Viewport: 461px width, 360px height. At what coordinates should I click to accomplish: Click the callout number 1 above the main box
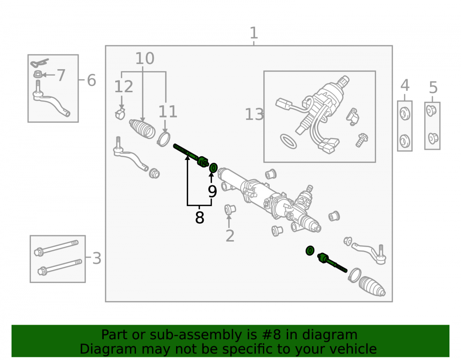(x=254, y=33)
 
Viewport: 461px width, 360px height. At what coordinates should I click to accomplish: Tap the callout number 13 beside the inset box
(x=254, y=114)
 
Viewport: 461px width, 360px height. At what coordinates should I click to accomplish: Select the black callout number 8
(x=200, y=218)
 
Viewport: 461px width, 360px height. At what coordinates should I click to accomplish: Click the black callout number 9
(x=212, y=191)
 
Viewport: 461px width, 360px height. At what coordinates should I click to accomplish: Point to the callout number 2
(x=230, y=236)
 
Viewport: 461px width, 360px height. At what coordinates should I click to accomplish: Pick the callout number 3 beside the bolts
(x=97, y=259)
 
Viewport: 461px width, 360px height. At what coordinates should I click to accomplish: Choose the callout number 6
(x=91, y=80)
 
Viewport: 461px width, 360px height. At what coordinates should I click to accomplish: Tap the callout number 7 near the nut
(x=61, y=75)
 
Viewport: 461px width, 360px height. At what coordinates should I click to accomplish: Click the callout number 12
(x=124, y=87)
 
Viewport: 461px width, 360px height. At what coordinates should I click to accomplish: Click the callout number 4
(x=405, y=86)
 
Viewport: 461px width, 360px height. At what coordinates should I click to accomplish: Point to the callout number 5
(x=433, y=88)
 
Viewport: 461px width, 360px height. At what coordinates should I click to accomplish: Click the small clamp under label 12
(x=120, y=114)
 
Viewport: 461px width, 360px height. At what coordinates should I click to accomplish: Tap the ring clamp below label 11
(x=164, y=139)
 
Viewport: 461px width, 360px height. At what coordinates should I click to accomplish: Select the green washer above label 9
(x=213, y=168)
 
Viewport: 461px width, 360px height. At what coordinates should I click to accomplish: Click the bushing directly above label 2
(x=230, y=209)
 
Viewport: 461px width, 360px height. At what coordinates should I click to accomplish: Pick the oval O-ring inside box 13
(x=289, y=142)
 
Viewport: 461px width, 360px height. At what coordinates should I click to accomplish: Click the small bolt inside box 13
(x=361, y=140)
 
